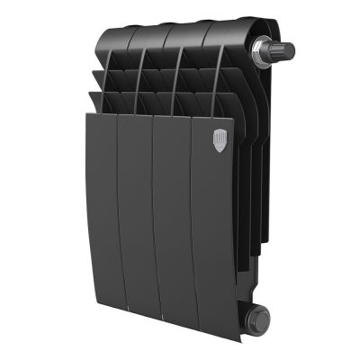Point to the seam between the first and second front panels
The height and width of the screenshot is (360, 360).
click(121, 207)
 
